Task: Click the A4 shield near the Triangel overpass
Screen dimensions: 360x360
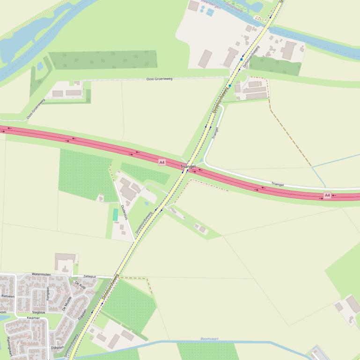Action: click(162, 162)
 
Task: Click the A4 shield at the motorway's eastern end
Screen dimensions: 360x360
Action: click(327, 195)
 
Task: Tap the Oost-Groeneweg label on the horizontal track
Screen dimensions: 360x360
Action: click(159, 79)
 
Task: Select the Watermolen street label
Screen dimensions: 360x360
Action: click(41, 274)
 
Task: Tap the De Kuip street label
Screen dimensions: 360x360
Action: click(80, 285)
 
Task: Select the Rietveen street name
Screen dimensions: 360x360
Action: click(8, 296)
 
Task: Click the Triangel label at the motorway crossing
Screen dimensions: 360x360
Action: click(188, 166)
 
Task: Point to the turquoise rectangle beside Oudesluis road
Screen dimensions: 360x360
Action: click(115, 215)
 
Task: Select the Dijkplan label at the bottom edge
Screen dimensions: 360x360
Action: click(57, 348)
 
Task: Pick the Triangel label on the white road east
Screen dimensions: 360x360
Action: click(278, 185)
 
